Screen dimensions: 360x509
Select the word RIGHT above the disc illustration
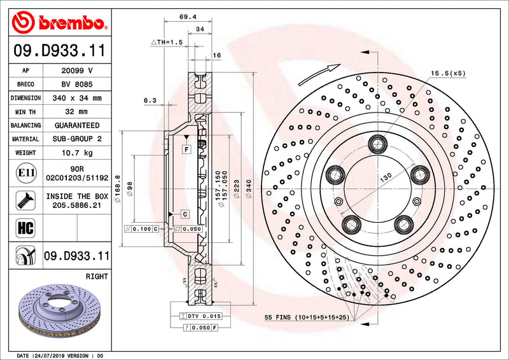click(96, 277)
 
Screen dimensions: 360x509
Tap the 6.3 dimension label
click(150, 100)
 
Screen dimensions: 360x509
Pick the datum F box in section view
click(186, 149)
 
